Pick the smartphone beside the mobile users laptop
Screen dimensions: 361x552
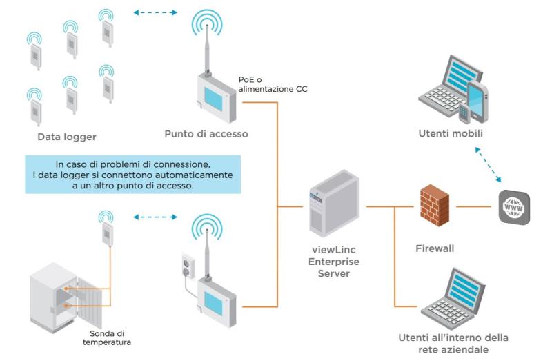477,100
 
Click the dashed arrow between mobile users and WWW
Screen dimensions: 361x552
497,166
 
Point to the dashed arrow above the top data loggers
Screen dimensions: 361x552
155,12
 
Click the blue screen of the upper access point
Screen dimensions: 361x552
219,93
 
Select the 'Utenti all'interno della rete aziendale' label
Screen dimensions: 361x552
453,342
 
